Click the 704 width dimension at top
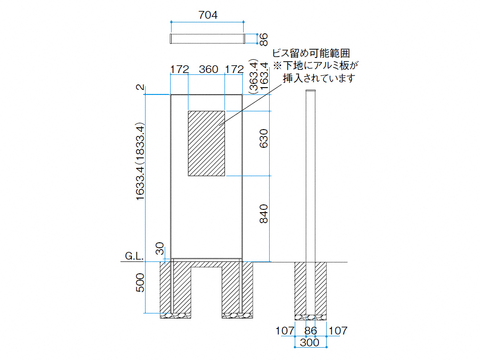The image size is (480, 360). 208,15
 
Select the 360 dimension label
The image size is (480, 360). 209,69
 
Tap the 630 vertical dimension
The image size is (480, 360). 264,138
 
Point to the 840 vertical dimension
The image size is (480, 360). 264,214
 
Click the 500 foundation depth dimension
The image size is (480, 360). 140,282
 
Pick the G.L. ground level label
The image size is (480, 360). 134,256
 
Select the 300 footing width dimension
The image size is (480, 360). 309,343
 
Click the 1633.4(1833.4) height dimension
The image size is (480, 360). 140,162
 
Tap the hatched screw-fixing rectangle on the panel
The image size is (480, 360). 206,143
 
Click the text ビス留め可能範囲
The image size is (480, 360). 311,53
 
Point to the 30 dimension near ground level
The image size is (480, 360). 160,249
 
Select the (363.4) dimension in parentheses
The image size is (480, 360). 254,76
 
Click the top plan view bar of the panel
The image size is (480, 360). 208,39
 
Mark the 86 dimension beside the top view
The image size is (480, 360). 264,40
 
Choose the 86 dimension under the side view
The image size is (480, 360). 311,331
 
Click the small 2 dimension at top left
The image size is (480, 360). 140,87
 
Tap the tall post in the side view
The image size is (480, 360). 311,202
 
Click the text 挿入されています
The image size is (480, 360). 318,78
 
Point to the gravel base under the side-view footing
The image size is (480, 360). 311,318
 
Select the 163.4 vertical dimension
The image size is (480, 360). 264,76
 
